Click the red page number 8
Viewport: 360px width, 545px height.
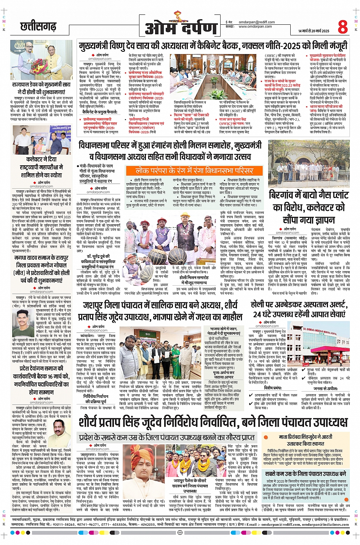pyautogui.click(x=342, y=27)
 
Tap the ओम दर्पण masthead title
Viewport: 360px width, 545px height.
pyautogui.click(x=181, y=28)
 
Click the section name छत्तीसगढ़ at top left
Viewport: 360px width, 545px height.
pyautogui.click(x=38, y=27)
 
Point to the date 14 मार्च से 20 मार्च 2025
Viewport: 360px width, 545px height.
pyautogui.click(x=314, y=31)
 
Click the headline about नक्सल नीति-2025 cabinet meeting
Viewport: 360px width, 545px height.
pyautogui.click(x=213, y=46)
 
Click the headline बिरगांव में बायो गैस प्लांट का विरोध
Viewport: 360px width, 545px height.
pyautogui.click(x=309, y=207)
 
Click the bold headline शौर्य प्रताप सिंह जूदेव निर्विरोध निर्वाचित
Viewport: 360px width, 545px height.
pyautogui.click(x=213, y=422)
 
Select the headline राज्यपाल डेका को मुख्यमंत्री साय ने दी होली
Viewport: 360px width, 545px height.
pyautogui.click(x=41, y=88)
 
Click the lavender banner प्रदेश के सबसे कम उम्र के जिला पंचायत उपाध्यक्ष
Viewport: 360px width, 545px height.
pyautogui.click(x=167, y=438)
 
